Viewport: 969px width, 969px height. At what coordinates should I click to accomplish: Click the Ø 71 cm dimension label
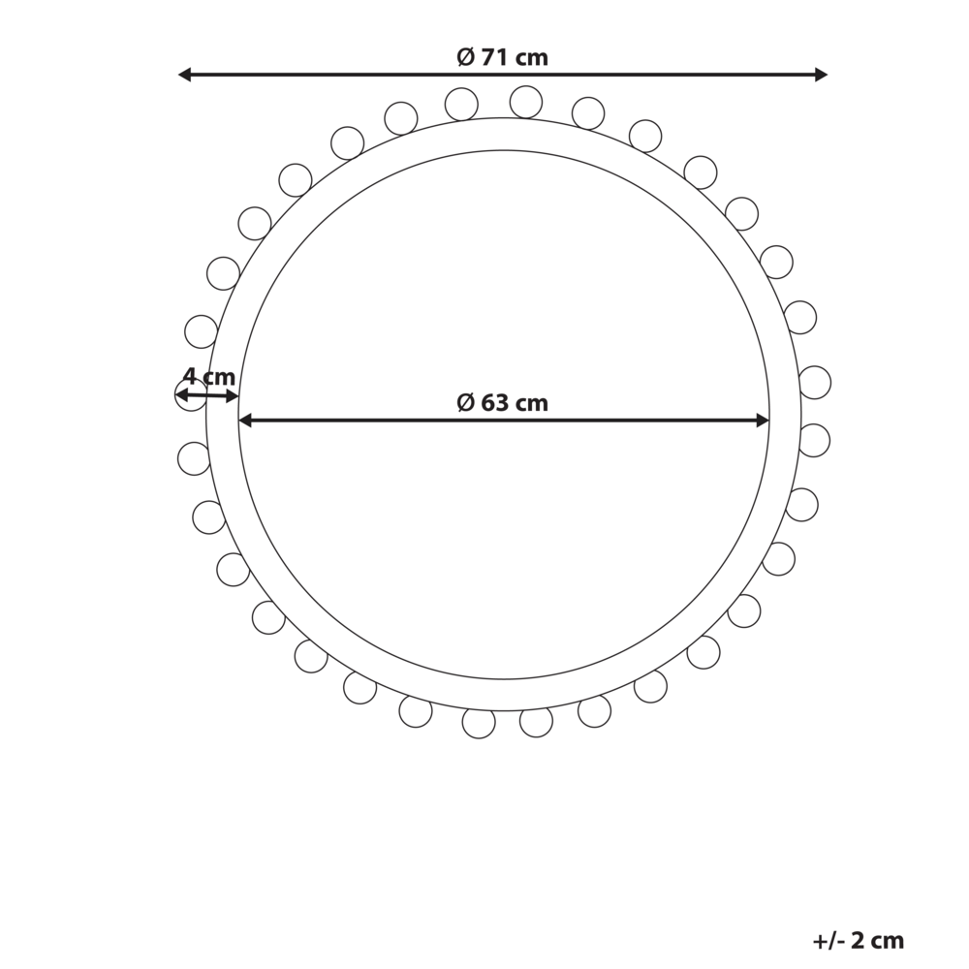point(502,58)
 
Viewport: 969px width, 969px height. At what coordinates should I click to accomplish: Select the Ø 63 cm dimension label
point(502,403)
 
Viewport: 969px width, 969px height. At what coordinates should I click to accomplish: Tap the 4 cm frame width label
point(209,377)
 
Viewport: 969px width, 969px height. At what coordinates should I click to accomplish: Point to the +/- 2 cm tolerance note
point(858,940)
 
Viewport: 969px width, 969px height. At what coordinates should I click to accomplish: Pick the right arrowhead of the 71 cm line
point(821,75)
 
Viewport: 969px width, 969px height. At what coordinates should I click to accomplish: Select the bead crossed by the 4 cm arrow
point(191,395)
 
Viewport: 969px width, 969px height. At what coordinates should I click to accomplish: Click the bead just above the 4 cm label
point(201,331)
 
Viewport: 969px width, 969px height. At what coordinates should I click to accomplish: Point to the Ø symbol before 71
point(466,58)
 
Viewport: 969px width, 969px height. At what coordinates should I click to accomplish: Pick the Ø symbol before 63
point(466,403)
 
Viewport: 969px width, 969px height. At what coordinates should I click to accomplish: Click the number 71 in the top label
point(495,58)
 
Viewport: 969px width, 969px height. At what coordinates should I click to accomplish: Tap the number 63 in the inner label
point(495,403)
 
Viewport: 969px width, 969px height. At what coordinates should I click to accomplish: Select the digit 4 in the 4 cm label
point(190,377)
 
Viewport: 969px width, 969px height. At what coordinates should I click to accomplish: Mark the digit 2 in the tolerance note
point(858,940)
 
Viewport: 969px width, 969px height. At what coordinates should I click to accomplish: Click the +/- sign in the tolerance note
point(828,940)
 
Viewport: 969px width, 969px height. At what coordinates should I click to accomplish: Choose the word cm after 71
point(532,58)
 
